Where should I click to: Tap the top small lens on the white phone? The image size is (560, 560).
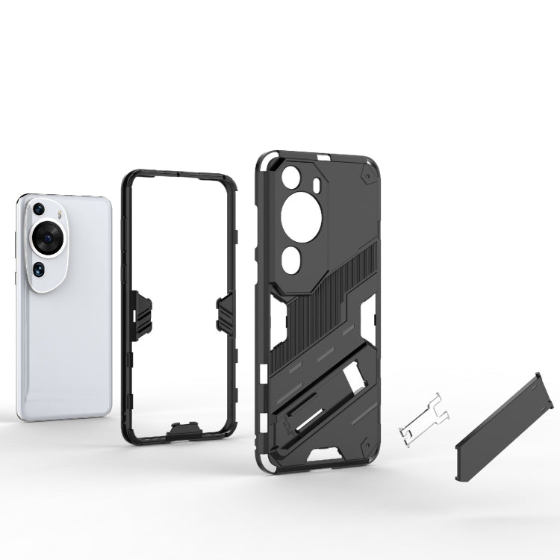tap(37, 208)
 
